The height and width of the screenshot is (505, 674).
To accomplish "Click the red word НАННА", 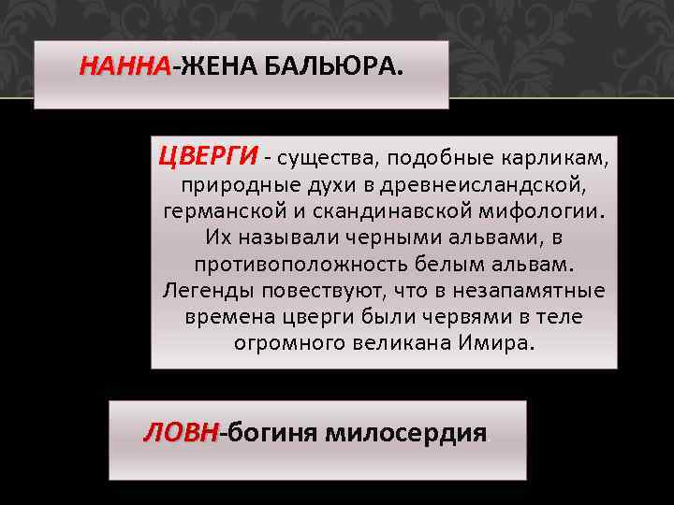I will [125, 67].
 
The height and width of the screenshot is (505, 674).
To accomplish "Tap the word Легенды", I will [203, 290].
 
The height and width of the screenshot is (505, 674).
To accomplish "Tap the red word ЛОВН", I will [180, 434].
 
